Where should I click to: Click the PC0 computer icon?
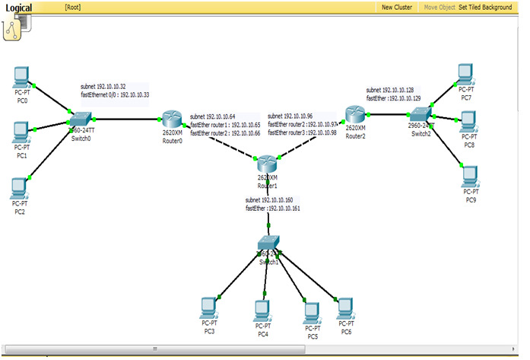22,76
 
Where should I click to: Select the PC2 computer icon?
20,186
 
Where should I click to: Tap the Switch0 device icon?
79,119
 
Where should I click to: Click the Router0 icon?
172,119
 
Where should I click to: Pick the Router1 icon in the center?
266,164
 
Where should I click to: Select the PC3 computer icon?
208,307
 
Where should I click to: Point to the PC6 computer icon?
346,307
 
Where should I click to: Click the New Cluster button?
397,7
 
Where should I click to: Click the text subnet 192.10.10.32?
103,87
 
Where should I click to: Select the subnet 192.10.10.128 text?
389,90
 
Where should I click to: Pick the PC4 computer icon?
262,309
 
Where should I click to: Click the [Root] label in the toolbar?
73,7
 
